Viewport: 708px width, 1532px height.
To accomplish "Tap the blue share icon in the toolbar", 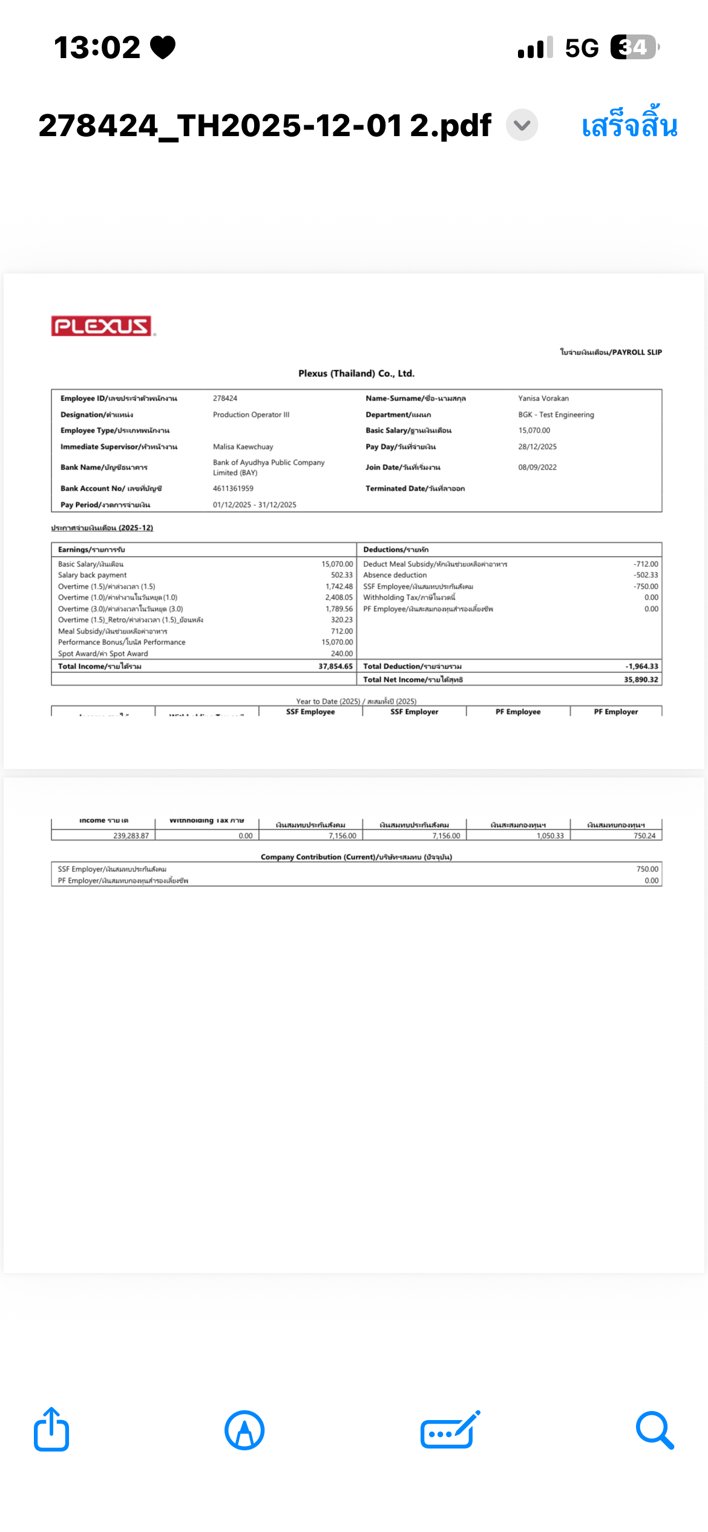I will tap(51, 1430).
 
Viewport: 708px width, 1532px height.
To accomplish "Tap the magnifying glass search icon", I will tap(655, 1430).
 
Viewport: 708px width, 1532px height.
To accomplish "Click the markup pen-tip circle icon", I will tap(244, 1430).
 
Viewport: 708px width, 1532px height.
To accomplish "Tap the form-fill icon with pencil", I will tap(450, 1430).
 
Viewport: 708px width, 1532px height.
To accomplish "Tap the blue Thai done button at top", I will tap(629, 125).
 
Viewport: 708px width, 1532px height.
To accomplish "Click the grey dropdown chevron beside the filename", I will tap(522, 125).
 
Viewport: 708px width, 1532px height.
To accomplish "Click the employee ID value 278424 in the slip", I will tap(225, 398).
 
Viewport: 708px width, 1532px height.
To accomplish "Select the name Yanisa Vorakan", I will tap(543, 398).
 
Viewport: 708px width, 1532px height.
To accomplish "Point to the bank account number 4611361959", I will tap(233, 488).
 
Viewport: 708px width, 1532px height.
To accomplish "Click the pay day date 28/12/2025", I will tap(537, 447).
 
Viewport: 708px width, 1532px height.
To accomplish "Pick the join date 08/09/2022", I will tap(537, 467).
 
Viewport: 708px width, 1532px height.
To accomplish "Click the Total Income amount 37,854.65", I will tap(335, 666).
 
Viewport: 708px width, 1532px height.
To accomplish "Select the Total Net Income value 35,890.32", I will tap(641, 679).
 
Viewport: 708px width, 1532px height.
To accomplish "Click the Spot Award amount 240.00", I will tap(342, 653).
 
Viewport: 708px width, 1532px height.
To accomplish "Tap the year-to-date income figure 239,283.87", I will tap(131, 836).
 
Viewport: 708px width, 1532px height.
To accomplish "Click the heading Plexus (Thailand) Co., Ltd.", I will tap(356, 373).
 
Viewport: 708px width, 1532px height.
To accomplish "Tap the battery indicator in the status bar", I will tap(634, 47).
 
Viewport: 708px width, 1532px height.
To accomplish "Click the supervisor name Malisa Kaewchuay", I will tap(243, 447).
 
